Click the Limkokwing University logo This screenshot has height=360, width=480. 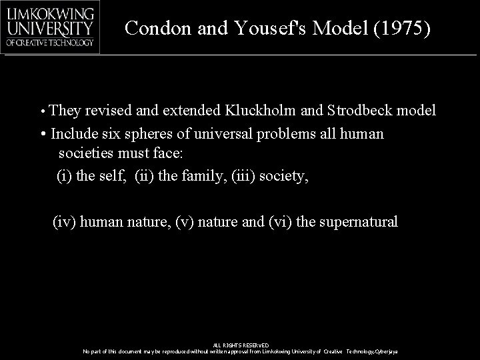pyautogui.click(x=51, y=27)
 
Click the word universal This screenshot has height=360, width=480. pyautogui.click(x=223, y=133)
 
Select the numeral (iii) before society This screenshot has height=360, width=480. pyautogui.click(x=246, y=176)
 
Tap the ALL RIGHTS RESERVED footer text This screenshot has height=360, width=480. pyautogui.click(x=240, y=345)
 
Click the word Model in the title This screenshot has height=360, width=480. pyautogui.click(x=347, y=28)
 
